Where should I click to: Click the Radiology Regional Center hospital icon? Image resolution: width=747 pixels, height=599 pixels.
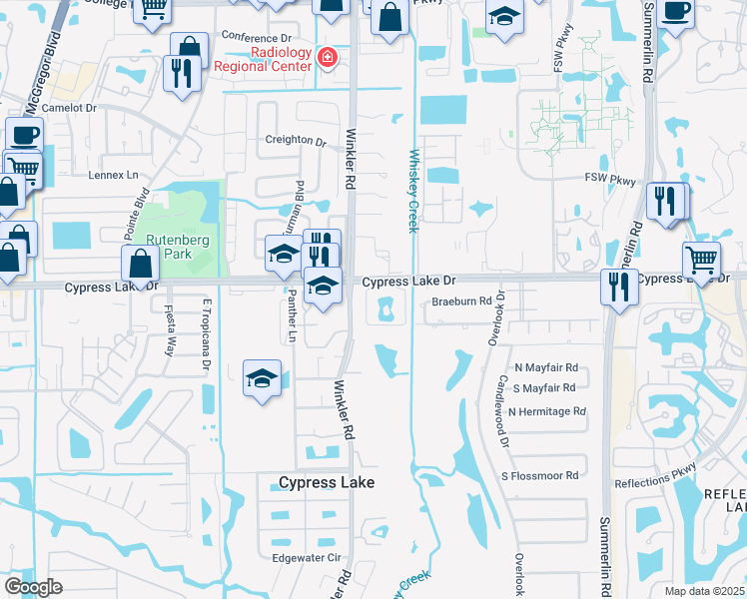click(327, 59)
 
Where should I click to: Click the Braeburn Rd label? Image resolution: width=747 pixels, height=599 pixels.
click(462, 300)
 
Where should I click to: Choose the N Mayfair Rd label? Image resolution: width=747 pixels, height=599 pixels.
click(546, 368)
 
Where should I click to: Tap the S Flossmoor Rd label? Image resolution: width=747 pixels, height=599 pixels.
click(540, 476)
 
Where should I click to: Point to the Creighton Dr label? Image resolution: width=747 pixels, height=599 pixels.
click(296, 141)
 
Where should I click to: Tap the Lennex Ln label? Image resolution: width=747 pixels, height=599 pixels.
click(113, 175)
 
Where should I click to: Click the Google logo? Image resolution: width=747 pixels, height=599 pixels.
click(33, 587)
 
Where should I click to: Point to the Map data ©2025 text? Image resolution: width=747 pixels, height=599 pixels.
click(705, 591)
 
